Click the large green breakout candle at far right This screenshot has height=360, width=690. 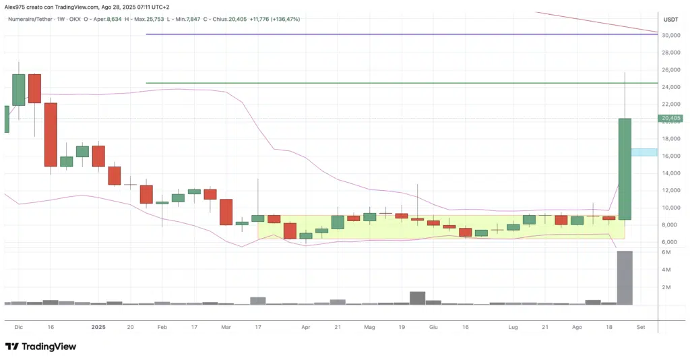coord(625,169)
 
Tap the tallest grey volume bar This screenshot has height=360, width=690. coord(625,277)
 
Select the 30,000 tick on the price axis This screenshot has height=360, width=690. coord(670,35)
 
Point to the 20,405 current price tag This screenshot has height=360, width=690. coord(671,119)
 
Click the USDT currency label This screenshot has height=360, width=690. coord(670,19)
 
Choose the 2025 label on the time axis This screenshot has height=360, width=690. coord(98,326)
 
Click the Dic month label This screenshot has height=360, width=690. coord(18,326)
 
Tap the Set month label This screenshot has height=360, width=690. coord(641,326)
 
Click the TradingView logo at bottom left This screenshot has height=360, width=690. coord(40,347)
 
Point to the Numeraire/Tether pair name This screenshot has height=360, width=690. coord(32,19)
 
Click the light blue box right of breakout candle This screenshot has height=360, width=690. coord(644,152)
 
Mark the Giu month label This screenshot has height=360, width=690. coord(433,326)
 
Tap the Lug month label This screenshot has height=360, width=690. coord(513,326)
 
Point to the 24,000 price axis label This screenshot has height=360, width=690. coord(670,87)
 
